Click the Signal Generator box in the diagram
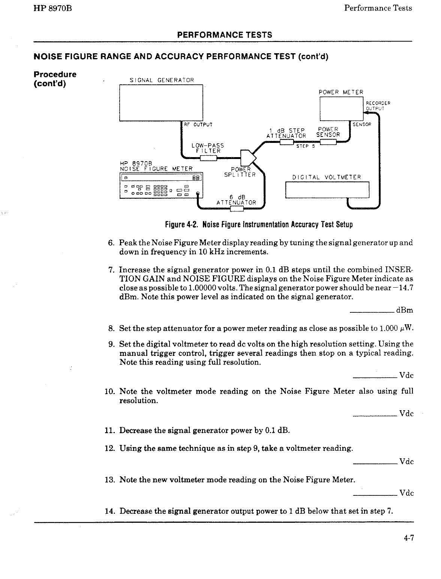(161, 103)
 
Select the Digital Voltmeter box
(327, 189)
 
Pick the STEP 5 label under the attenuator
(305, 147)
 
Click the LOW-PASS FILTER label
(207, 148)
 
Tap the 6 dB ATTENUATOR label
(236, 200)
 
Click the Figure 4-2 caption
(259, 225)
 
